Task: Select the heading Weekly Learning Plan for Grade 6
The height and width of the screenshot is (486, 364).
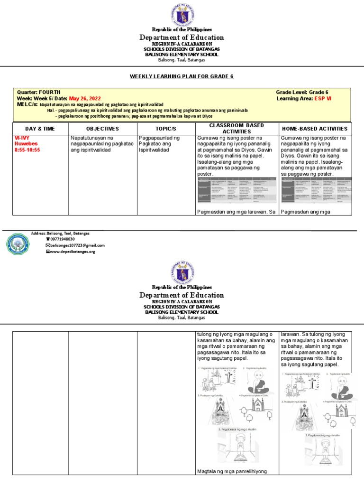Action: coord(182,76)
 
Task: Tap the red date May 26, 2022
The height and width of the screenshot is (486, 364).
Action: coord(86,98)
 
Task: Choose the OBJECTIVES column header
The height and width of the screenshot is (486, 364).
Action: coord(102,129)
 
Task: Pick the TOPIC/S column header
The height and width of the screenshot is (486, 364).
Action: coord(166,129)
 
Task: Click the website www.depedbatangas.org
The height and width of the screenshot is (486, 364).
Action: coord(73,252)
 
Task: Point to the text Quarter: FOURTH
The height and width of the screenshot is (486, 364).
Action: coord(39,92)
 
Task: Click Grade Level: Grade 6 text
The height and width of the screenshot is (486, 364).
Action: coord(302,92)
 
